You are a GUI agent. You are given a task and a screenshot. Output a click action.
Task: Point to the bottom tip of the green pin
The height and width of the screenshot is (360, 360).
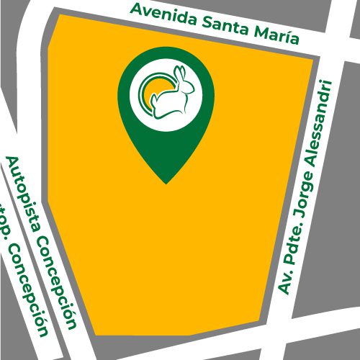[166, 182]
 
